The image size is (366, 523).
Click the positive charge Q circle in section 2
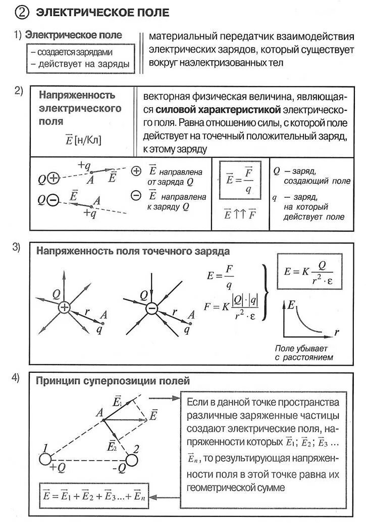(x=54, y=179)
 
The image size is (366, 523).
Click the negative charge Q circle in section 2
(x=53, y=200)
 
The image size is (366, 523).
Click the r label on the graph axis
(x=336, y=332)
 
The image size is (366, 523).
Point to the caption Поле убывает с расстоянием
(x=301, y=353)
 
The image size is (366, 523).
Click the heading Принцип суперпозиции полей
(x=113, y=380)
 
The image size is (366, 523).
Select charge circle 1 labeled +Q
(x=45, y=459)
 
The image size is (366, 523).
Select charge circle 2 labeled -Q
(x=132, y=460)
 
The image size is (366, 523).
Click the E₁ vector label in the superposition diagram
(x=118, y=403)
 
